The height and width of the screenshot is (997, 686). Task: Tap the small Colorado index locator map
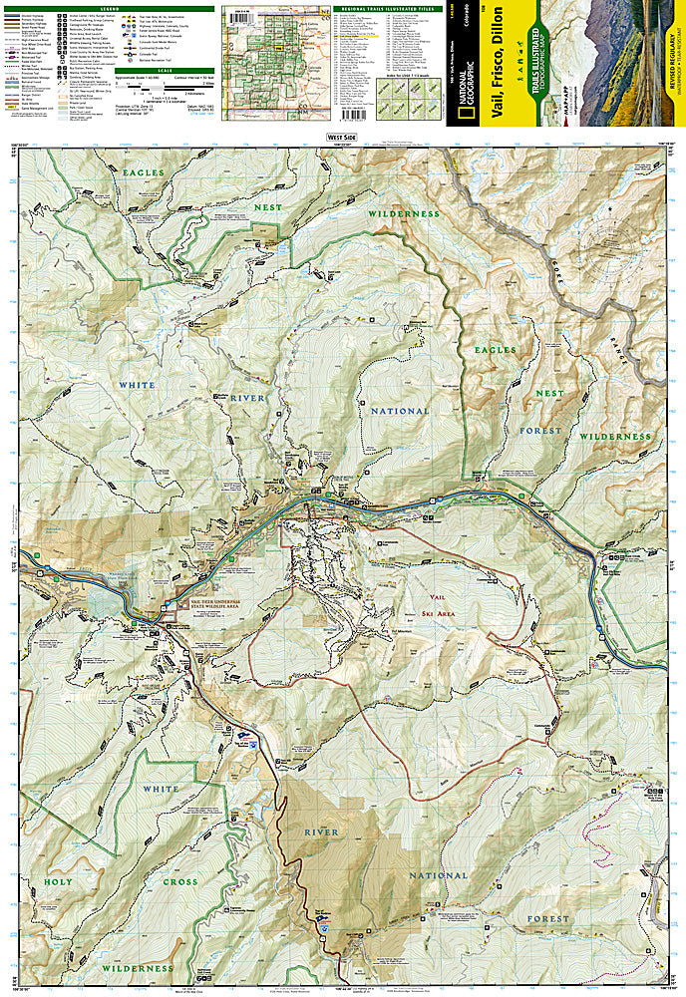click(265, 44)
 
